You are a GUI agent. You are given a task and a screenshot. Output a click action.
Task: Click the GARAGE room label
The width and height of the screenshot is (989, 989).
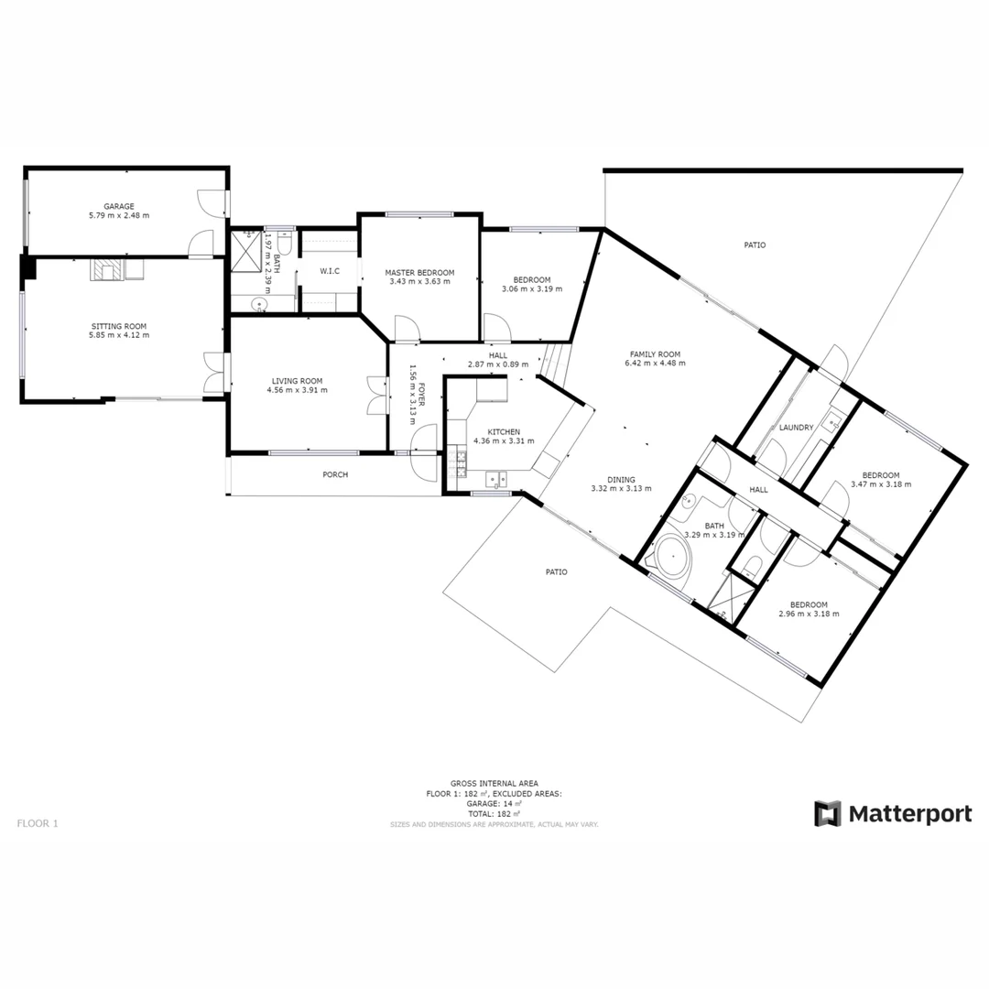click(x=118, y=206)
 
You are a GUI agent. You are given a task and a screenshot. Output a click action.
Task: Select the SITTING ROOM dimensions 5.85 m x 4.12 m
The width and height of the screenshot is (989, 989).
click(x=118, y=335)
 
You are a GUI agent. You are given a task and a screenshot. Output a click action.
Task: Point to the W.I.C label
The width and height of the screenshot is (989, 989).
click(x=330, y=271)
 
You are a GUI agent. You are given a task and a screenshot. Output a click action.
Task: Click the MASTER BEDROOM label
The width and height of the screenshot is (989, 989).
click(x=418, y=272)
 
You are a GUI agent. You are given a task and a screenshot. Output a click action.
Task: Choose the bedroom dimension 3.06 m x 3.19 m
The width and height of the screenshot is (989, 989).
click(x=531, y=289)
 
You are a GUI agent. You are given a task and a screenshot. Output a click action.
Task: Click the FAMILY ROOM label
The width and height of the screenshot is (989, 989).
click(x=654, y=353)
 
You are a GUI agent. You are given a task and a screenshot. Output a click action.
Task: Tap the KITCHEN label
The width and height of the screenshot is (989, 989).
click(x=503, y=431)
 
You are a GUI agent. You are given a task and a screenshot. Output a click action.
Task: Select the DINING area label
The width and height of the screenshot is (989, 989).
click(x=620, y=479)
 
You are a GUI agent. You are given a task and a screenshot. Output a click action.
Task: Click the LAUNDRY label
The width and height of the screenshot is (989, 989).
click(x=796, y=428)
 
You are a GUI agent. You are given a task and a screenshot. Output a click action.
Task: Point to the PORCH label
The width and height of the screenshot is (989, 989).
click(x=335, y=474)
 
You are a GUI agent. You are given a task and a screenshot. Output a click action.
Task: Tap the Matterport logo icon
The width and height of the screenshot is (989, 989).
click(x=828, y=813)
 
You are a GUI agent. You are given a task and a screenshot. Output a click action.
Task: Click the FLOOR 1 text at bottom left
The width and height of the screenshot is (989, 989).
click(x=38, y=823)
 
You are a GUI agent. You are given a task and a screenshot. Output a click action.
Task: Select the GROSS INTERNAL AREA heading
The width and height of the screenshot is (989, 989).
click(x=494, y=784)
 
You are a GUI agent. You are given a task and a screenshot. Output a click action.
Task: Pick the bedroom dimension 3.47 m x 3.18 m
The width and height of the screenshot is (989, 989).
click(x=880, y=484)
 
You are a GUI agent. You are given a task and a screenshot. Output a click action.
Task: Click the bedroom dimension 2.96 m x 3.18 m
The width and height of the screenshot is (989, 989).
click(x=809, y=614)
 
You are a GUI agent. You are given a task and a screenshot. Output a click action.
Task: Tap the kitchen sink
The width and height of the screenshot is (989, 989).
click(x=495, y=477)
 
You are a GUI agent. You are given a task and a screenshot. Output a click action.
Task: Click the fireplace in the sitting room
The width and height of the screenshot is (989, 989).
click(x=104, y=270)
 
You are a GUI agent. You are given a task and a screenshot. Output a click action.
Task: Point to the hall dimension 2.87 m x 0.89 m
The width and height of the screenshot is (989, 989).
click(x=497, y=364)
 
